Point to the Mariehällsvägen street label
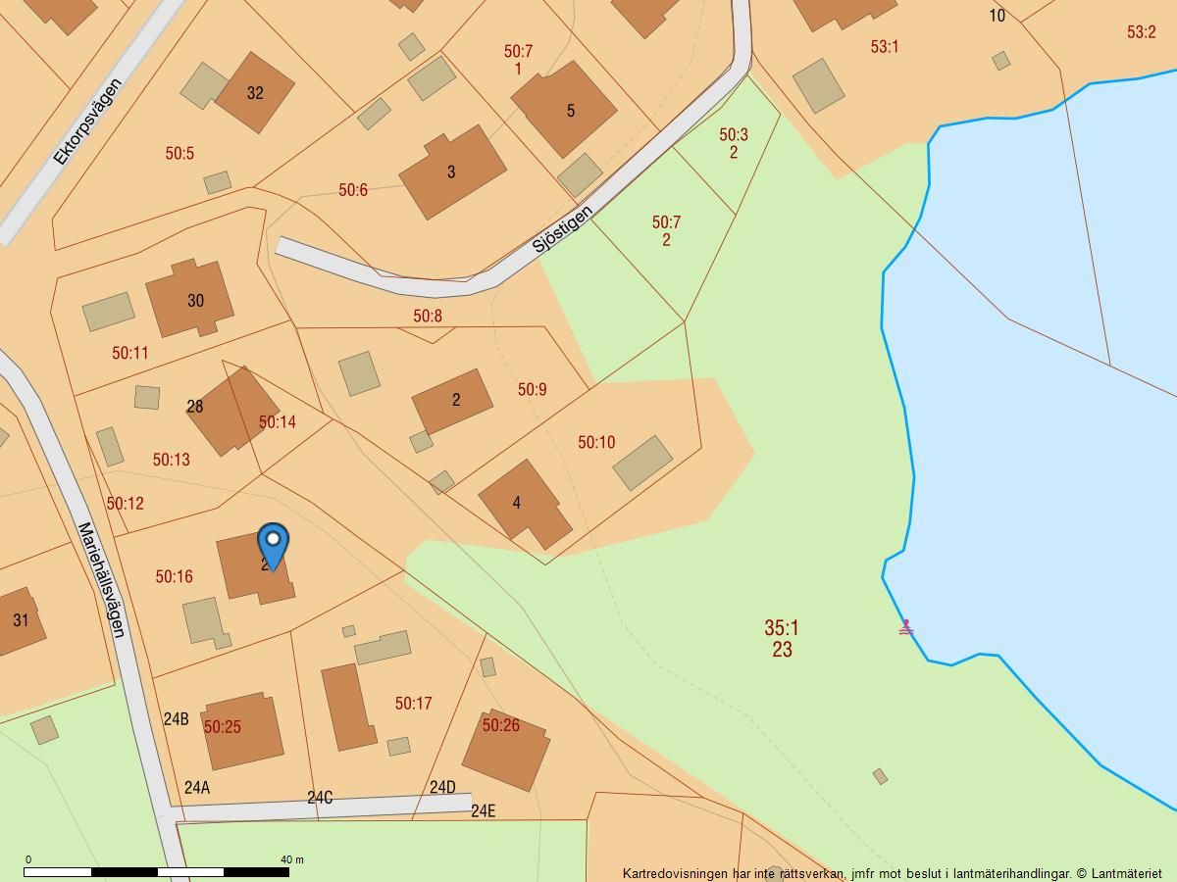point(102,579)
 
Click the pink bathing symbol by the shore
point(906,628)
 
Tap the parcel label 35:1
point(782,627)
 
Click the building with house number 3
point(452,171)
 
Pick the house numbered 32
point(255,93)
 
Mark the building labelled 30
point(190,299)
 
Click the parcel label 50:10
point(596,443)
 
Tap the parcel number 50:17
point(413,704)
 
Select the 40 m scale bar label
point(292,859)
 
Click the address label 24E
point(484,810)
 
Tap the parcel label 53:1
point(884,46)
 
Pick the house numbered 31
point(20,620)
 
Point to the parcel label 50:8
point(428,316)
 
